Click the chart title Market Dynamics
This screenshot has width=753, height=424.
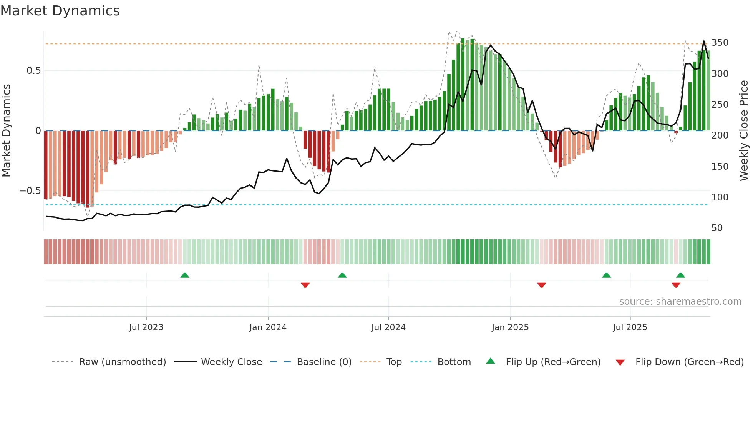(x=60, y=11)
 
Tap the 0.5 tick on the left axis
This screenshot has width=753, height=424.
(x=33, y=71)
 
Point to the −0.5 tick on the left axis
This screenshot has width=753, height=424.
(x=30, y=191)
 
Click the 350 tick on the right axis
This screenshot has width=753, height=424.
(x=720, y=43)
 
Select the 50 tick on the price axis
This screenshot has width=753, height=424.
(x=717, y=228)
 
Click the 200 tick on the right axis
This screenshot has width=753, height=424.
(x=720, y=135)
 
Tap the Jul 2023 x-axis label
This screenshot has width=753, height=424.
(x=146, y=327)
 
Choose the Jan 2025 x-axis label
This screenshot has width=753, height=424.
(x=510, y=327)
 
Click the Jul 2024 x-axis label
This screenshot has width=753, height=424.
(x=388, y=327)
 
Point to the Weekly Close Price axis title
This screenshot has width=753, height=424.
(x=744, y=131)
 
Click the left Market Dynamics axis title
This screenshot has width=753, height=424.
(x=6, y=131)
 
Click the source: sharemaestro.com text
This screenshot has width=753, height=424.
(x=680, y=302)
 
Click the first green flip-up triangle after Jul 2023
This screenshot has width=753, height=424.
(x=185, y=275)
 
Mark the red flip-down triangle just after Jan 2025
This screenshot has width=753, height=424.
(x=541, y=285)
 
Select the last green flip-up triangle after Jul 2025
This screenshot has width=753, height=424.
(x=680, y=275)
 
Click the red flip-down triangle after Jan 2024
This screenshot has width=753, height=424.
(x=305, y=285)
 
